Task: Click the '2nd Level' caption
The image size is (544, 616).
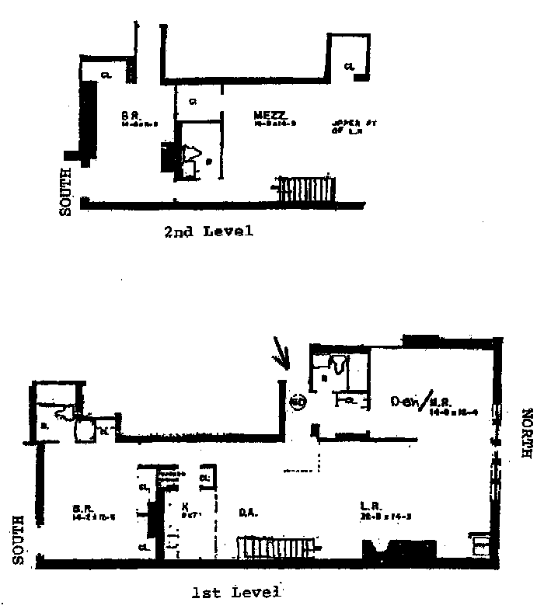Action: click(x=208, y=231)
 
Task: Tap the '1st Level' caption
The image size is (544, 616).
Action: click(x=235, y=593)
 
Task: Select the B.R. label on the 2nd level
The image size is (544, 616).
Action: click(x=129, y=117)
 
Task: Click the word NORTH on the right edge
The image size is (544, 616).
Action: click(x=526, y=444)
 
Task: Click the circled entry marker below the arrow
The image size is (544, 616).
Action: click(x=296, y=401)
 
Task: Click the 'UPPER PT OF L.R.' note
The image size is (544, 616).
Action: click(x=348, y=126)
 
